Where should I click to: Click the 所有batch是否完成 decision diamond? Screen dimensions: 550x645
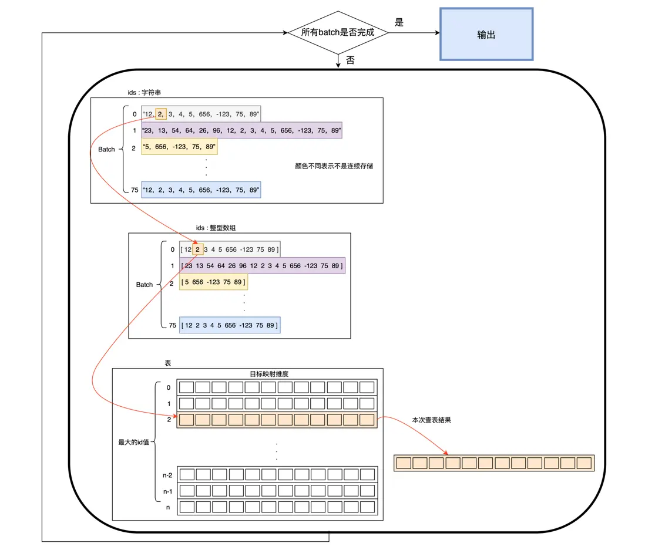click(x=338, y=32)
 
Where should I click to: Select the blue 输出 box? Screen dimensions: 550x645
click(x=486, y=34)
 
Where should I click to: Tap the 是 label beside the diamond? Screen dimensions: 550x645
click(x=399, y=22)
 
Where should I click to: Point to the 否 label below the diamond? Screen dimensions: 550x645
click(x=350, y=60)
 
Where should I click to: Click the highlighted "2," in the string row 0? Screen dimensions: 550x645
click(x=161, y=114)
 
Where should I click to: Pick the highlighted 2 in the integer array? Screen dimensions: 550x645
click(x=198, y=249)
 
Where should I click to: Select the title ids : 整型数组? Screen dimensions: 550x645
click(x=216, y=228)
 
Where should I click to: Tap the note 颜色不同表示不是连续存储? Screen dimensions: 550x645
click(x=334, y=166)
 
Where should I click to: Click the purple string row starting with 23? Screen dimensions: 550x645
click(x=241, y=130)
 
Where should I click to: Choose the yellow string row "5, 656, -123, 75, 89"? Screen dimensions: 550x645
click(x=179, y=147)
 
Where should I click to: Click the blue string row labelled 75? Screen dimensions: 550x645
click(x=201, y=190)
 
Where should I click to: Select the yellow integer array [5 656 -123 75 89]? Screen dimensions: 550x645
click(x=213, y=282)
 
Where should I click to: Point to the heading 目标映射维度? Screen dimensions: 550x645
click(x=269, y=374)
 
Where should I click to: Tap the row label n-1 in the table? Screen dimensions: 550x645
click(x=167, y=491)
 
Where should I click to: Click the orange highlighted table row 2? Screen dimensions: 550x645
click(x=276, y=420)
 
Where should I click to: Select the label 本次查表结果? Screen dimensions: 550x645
click(x=432, y=420)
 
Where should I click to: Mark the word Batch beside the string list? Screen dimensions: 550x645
click(x=106, y=149)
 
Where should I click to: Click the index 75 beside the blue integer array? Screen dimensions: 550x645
click(x=172, y=325)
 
